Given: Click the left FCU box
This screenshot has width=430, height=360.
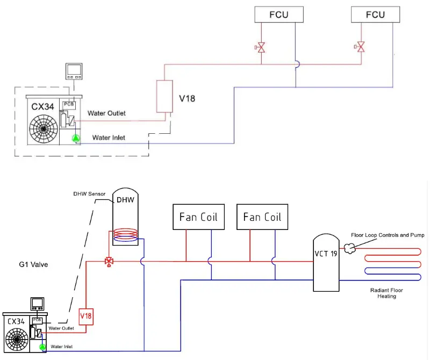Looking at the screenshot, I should [x=278, y=15].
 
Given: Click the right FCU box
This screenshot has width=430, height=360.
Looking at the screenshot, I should [x=375, y=15].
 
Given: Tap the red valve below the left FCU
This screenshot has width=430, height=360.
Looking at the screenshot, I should [x=261, y=48].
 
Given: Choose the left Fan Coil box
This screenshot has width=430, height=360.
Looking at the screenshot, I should [x=198, y=217].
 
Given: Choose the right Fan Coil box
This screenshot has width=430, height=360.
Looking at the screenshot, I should [x=262, y=217].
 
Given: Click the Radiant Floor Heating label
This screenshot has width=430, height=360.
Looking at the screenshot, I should [x=386, y=293].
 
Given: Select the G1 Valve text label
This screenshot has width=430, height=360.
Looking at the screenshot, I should [x=34, y=264].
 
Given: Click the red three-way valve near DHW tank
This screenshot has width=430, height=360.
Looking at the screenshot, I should [x=109, y=262].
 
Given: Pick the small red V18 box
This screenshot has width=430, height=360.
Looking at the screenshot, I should [x=86, y=316].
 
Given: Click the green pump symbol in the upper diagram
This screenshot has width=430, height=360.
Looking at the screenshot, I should [x=76, y=139].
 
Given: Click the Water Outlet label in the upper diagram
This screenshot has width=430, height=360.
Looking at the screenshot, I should [x=106, y=113].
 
